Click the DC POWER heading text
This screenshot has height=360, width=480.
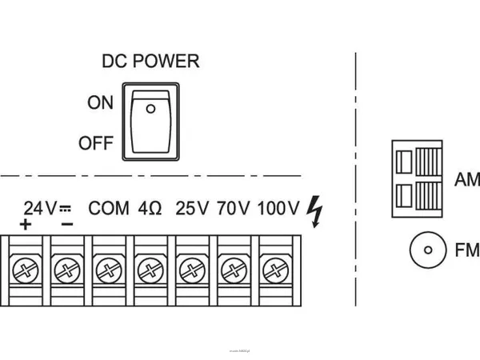coord(150,61)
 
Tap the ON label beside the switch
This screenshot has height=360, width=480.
coord(101,103)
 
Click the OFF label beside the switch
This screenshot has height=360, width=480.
coord(97,145)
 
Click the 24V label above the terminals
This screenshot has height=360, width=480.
coord(40,209)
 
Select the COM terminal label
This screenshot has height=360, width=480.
coord(109,209)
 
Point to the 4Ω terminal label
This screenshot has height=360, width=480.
coord(150,209)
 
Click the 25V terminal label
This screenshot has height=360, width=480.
coord(192,209)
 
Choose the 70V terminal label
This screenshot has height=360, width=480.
coord(233,209)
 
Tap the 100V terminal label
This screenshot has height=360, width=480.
coord(278,209)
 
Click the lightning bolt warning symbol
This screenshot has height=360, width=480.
coord(316,210)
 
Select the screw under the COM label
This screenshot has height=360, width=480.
coord(108,268)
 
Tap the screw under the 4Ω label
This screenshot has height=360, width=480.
coord(150,268)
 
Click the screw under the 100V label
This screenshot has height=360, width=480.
coord(274,268)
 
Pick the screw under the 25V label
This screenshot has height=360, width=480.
coord(191,268)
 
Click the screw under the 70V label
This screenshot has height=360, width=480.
coord(233,268)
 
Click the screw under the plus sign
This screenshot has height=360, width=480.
coord(25,268)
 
